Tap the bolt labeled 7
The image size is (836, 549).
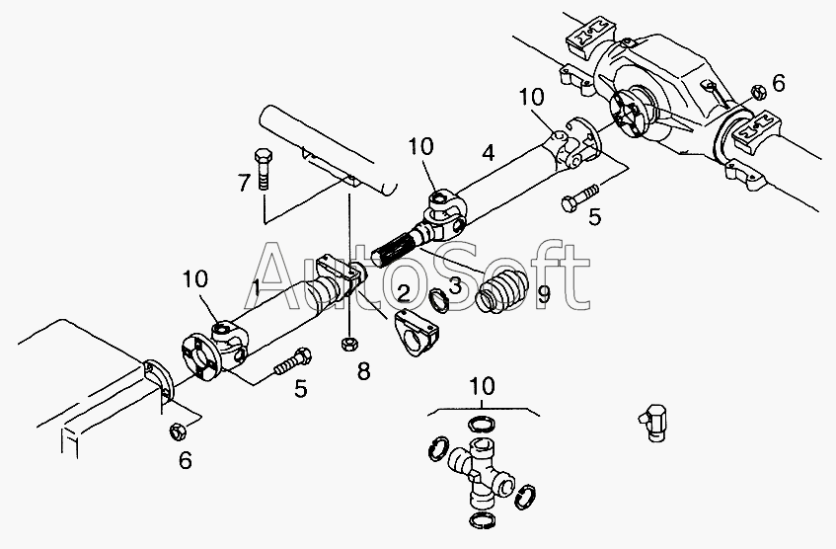[264, 169]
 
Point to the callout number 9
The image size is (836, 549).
[542, 294]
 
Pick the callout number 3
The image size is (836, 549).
[455, 285]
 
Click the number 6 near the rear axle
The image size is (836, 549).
[778, 84]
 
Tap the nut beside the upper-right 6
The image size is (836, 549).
[755, 91]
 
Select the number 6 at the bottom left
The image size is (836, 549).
[185, 460]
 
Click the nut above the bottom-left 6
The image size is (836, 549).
[178, 431]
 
